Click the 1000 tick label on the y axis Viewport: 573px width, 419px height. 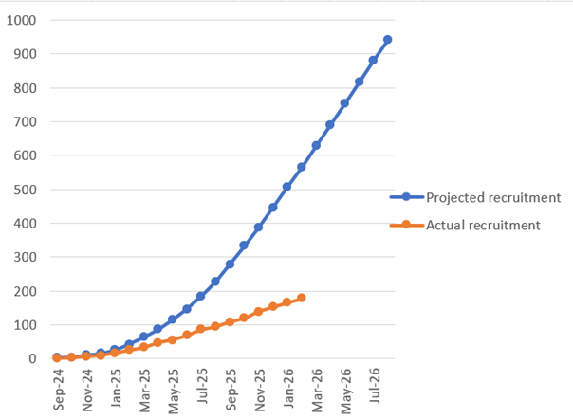22,20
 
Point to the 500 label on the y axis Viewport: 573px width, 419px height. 26,190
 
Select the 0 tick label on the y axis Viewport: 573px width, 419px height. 33,358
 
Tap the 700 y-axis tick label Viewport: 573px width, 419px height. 26,121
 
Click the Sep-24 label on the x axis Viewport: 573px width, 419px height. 59,389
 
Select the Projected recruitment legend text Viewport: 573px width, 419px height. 493,197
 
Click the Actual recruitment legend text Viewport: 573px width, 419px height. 483,225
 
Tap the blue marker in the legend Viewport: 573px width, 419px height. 406,197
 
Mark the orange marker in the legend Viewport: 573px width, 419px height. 406,225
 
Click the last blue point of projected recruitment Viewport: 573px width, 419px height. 387,40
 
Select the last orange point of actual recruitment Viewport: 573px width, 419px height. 302,298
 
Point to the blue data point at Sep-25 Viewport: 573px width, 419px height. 230,264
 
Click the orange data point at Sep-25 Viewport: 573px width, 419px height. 230,321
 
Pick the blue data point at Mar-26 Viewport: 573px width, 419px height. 316,145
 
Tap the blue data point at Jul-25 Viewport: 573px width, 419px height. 201,296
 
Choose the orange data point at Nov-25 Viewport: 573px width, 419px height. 258,312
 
